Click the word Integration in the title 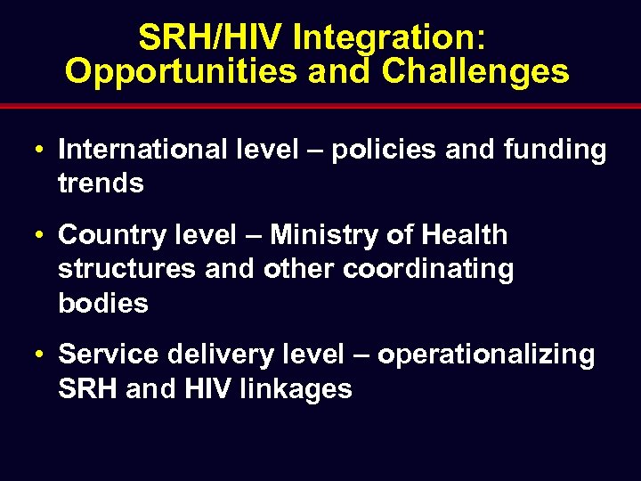pos(390,37)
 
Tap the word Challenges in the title pos(475,71)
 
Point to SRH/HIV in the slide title pos(211,37)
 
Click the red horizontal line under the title pos(320,106)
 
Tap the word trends pos(101,183)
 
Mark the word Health pos(464,235)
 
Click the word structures pos(127,269)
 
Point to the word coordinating pos(428,269)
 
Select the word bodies pos(102,303)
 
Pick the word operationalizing pos(486,355)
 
